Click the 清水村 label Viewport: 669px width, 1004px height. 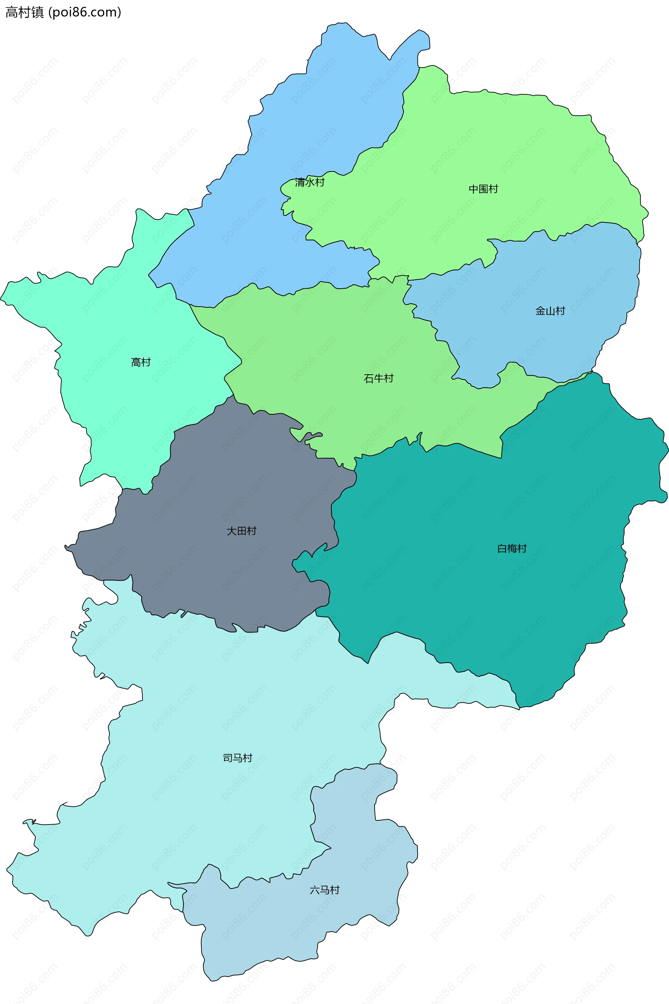coord(310,183)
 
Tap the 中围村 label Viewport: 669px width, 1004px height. coord(483,189)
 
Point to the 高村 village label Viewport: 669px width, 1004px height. coord(141,362)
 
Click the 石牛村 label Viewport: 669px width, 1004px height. coord(378,378)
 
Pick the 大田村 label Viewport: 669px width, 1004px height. coord(241,531)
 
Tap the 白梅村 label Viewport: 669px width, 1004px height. coord(512,548)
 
